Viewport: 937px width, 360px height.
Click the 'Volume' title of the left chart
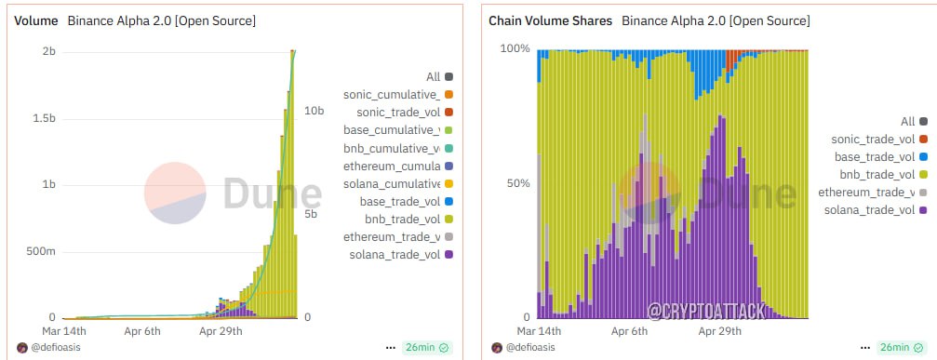point(36,20)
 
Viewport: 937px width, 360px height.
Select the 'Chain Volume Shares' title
point(550,20)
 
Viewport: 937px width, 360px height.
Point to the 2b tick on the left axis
point(49,52)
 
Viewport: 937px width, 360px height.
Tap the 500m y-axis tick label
point(42,251)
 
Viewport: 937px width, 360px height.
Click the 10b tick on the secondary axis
point(315,111)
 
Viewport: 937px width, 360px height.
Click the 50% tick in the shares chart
point(518,183)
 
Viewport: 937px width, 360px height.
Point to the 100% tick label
point(515,48)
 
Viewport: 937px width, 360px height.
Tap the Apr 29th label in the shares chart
point(720,331)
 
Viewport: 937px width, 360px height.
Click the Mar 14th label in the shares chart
point(540,331)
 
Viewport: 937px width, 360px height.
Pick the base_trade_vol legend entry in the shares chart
point(879,157)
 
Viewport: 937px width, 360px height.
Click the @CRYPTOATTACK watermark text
point(706,311)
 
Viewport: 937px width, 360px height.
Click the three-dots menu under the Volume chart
point(391,348)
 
